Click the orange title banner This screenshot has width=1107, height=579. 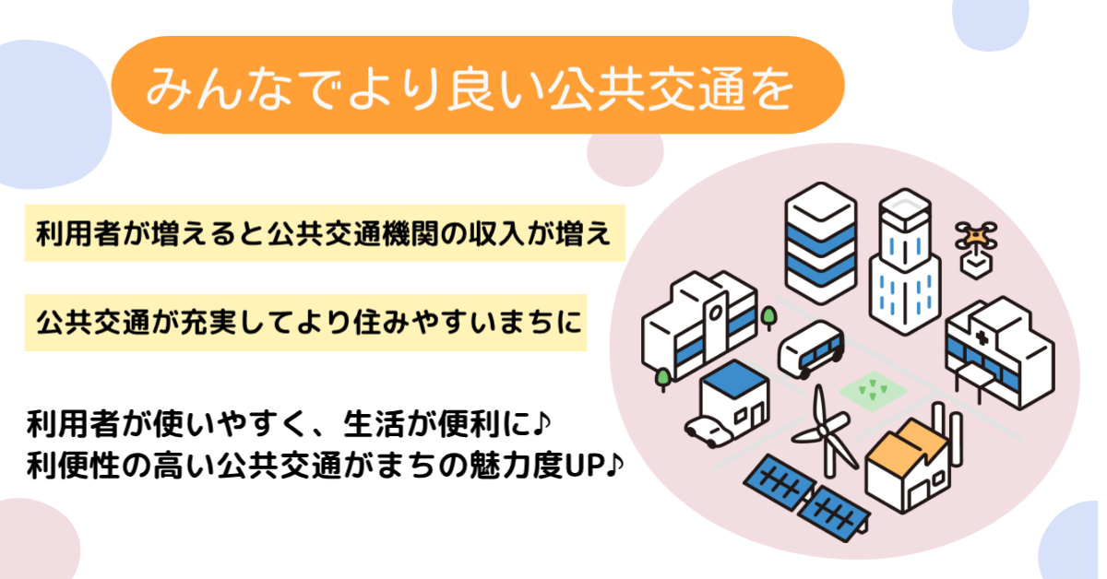478,85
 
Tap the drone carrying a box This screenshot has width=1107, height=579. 976,250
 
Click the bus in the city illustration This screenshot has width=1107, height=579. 811,349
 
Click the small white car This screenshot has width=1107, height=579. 708,431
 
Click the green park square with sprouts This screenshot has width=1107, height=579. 874,391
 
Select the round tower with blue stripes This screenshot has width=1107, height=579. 821,243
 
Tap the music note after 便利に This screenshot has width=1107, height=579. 542,424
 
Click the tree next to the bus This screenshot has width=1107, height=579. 768,318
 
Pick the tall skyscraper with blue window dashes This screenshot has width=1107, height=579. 905,262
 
